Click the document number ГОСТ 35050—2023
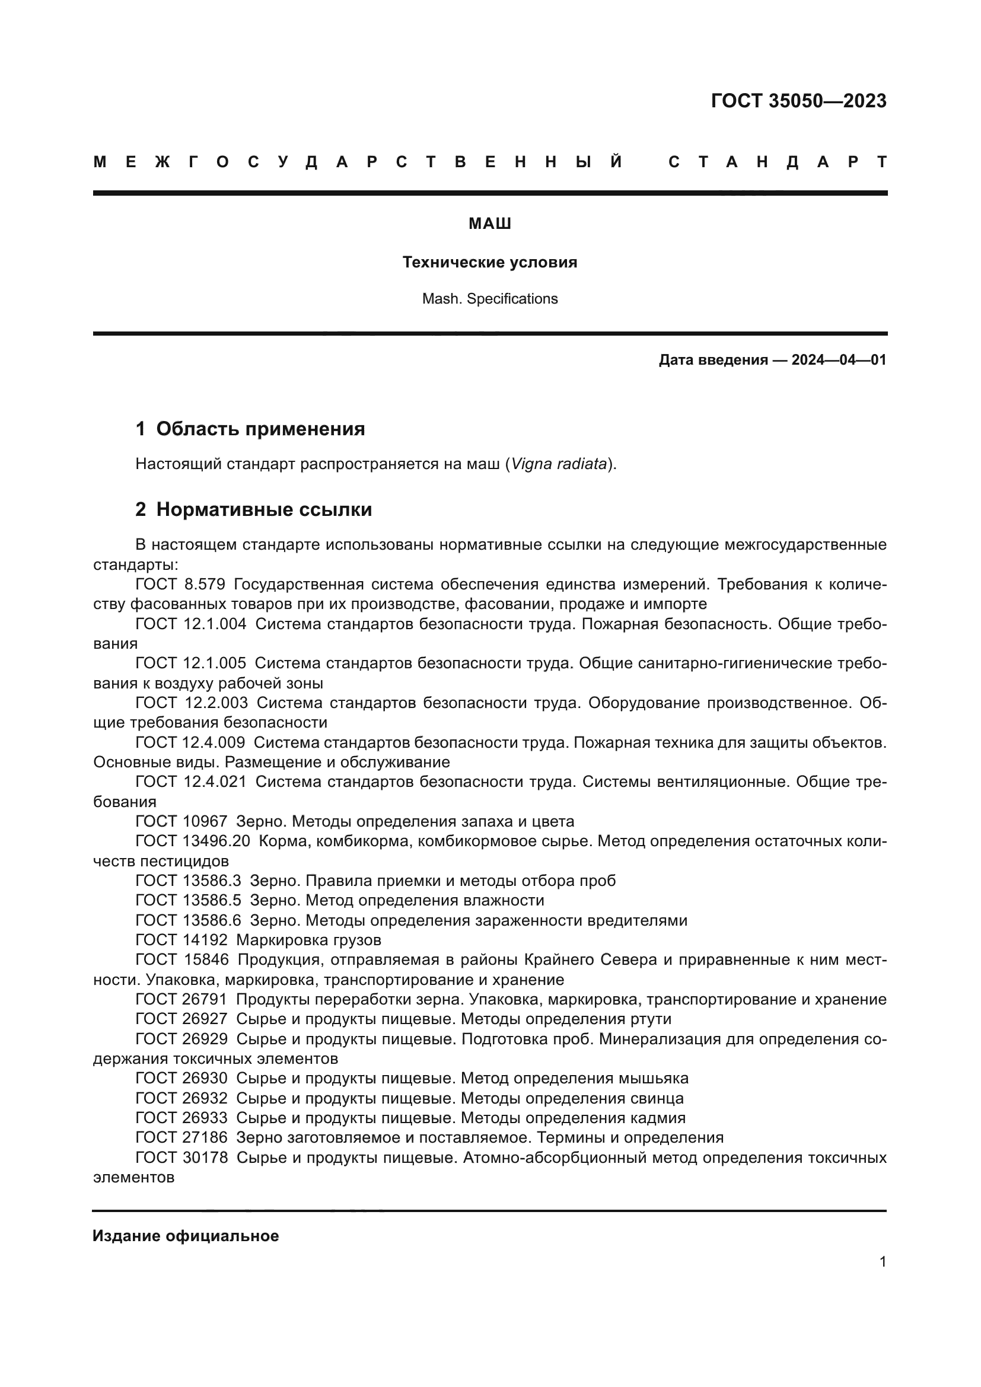tap(798, 101)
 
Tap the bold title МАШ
tap(490, 224)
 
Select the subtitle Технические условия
tap(490, 262)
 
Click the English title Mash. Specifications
tap(490, 299)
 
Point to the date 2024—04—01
tap(839, 360)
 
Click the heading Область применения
tap(260, 429)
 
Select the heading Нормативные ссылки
tap(264, 509)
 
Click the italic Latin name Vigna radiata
tap(559, 464)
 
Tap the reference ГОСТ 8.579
tap(180, 584)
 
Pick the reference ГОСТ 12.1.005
tap(190, 664)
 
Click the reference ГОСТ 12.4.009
tap(190, 742)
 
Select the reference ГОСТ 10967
tap(181, 821)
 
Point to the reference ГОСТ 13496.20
tap(192, 841)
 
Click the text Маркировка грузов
tap(308, 940)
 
